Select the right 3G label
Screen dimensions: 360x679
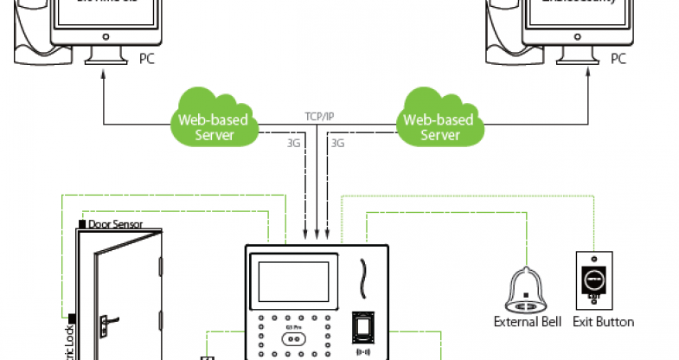pyautogui.click(x=338, y=142)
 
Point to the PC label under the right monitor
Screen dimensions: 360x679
pyautogui.click(x=618, y=59)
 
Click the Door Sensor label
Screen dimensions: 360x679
pyautogui.click(x=115, y=224)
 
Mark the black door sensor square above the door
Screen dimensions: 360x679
pyautogui.click(x=81, y=224)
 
